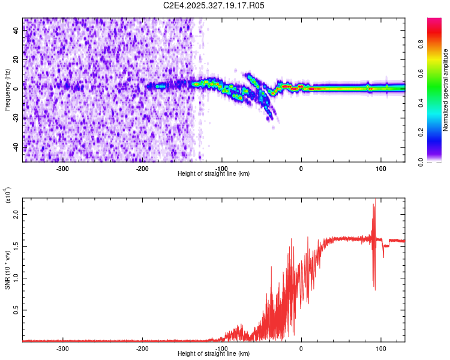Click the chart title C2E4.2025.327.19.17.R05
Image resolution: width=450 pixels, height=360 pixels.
[214, 5]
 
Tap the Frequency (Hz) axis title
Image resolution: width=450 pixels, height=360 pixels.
[7, 90]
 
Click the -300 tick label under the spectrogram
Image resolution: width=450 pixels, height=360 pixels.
[63, 167]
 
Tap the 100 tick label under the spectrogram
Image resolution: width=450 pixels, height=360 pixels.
[380, 167]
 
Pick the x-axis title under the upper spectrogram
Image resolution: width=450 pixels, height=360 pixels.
[214, 173]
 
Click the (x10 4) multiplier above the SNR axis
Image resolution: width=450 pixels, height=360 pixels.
[7, 195]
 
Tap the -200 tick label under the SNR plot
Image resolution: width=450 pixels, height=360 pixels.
[142, 348]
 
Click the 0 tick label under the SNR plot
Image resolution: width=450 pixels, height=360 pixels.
[301, 348]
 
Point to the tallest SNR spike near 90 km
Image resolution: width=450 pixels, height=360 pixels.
[376, 200]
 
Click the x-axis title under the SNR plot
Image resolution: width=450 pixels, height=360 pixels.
[214, 354]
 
